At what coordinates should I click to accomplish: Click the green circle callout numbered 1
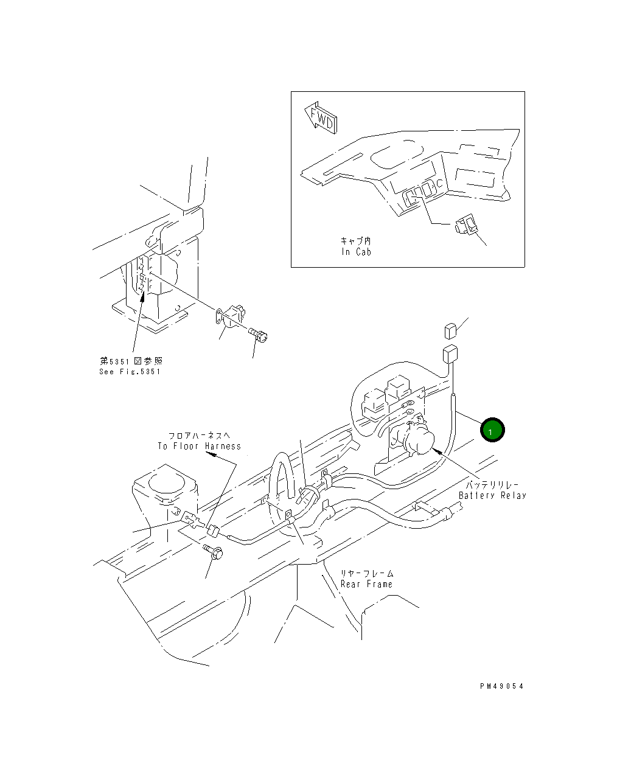click(492, 430)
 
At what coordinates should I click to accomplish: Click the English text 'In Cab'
click(356, 252)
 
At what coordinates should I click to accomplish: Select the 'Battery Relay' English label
click(492, 495)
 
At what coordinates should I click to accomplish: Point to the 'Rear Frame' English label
click(366, 584)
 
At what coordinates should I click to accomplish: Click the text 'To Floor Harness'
click(200, 446)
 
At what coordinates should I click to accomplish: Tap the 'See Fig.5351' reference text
click(130, 372)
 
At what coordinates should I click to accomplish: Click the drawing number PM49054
click(501, 686)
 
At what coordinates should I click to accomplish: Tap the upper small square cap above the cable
click(449, 331)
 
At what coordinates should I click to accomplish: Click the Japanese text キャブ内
click(355, 242)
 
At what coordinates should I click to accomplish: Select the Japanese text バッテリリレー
click(492, 485)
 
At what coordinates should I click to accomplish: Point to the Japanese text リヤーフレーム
click(366, 573)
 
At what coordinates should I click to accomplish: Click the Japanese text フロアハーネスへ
click(200, 436)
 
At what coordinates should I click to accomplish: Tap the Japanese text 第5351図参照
click(131, 361)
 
